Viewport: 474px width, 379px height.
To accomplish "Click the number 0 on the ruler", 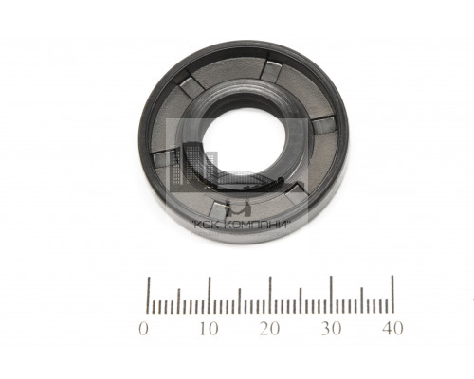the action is [143, 329].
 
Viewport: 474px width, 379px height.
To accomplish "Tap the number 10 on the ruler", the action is [209, 329].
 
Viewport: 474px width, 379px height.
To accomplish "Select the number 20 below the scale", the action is [269, 329].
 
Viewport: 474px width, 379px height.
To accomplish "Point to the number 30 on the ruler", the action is [331, 329].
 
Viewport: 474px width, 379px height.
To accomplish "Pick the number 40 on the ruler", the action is [392, 329].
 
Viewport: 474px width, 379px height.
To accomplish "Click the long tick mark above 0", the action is [150, 296].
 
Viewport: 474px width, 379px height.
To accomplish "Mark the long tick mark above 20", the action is [270, 295].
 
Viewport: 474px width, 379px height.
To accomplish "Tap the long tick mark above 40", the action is [392, 294].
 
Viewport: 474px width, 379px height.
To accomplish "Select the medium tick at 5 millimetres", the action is [179, 301].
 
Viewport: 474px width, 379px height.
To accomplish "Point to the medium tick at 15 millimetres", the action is [240, 300].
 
